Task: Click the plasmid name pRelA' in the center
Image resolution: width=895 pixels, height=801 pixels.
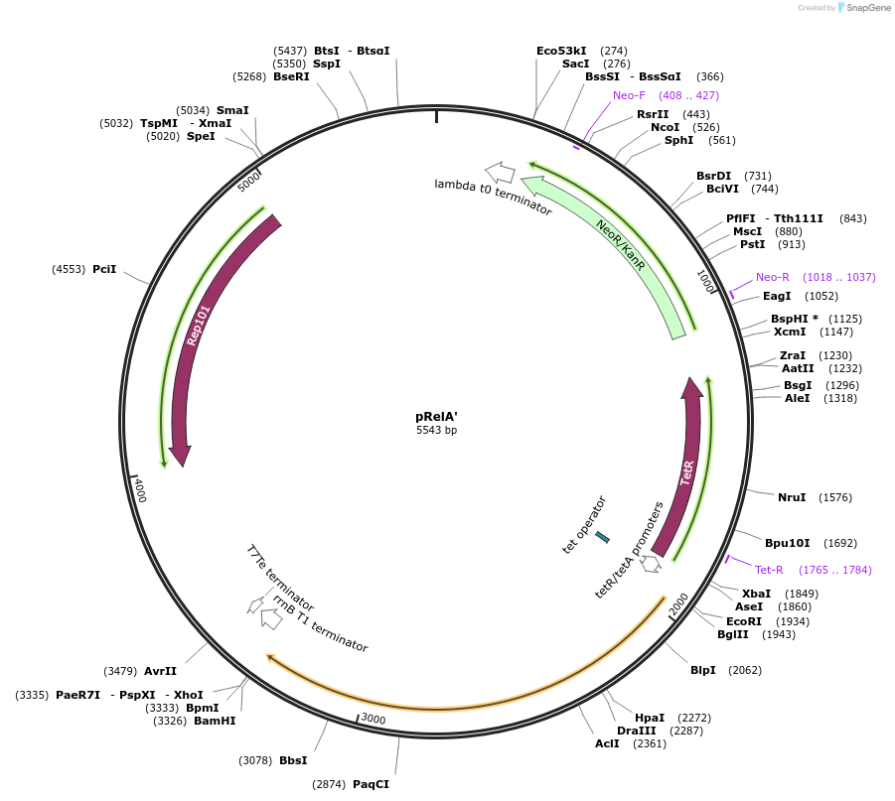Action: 436,417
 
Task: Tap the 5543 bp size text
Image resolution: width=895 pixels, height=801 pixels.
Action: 436,431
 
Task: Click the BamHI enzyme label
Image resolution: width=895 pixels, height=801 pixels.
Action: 215,721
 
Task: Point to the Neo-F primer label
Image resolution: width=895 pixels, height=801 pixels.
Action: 629,95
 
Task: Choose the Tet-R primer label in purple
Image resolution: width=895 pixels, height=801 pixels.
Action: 769,570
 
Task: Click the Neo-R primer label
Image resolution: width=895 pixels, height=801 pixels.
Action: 772,277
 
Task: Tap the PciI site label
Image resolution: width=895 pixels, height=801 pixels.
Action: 104,269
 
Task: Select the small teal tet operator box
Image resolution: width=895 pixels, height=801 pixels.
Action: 602,537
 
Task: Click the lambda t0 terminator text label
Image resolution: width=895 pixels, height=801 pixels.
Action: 493,198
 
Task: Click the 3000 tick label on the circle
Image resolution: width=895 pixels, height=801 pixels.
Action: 373,719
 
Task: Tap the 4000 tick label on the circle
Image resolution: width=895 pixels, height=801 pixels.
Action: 140,490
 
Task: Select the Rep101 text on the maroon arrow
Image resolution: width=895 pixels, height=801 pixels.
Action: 198,325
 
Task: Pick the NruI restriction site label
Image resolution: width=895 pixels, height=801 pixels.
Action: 792,497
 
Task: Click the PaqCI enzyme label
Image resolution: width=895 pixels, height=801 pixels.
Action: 371,784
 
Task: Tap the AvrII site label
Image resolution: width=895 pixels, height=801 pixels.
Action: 160,671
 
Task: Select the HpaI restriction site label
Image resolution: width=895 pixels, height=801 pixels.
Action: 650,718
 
